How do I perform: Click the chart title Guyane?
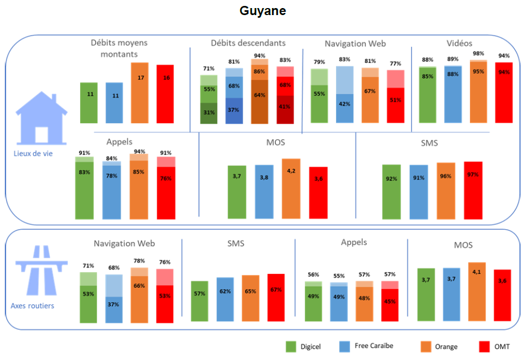(262, 11)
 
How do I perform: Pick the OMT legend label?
(501, 347)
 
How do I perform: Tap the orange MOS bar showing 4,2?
(291, 188)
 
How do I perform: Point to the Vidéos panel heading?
(459, 43)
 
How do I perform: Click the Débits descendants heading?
(248, 43)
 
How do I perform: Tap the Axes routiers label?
(32, 306)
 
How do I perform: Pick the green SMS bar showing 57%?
(200, 301)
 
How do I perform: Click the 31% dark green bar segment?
(209, 113)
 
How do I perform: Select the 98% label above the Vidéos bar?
(477, 54)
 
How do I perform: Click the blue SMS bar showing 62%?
(225, 300)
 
